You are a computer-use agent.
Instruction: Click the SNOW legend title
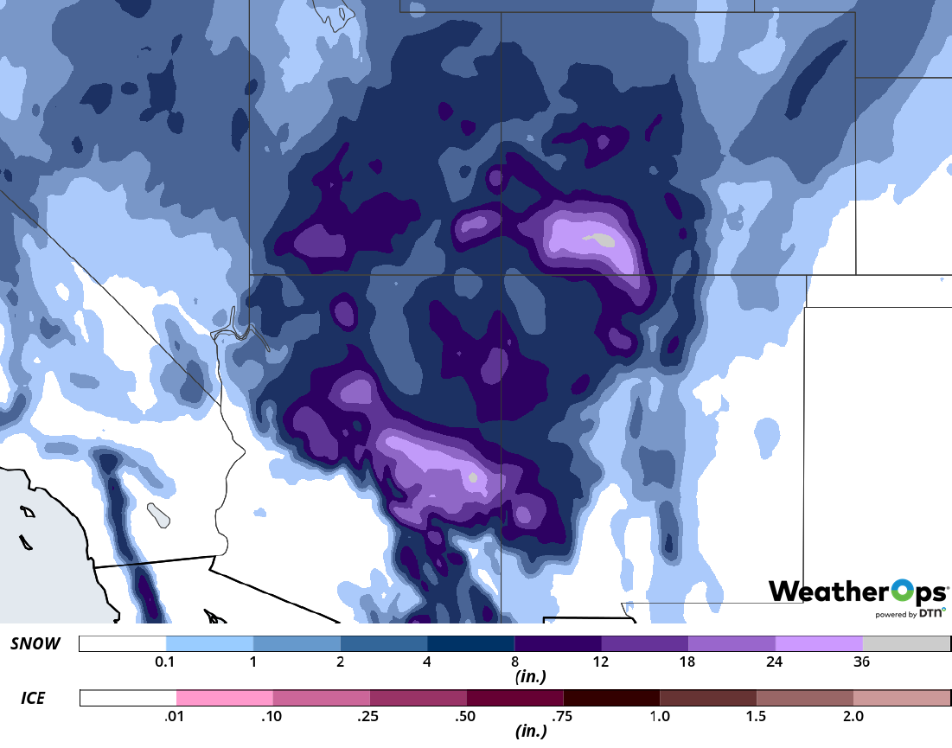pos(35,643)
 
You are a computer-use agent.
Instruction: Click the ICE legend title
pos(33,696)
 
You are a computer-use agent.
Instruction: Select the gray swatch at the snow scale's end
pos(906,643)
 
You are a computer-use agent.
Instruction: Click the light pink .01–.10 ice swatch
pos(225,697)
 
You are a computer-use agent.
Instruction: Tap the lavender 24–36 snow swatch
pos(819,643)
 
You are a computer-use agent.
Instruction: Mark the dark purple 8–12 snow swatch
pos(558,643)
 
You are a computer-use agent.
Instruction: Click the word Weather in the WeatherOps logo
pos(822,591)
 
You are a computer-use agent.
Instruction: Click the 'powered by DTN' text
pos(907,614)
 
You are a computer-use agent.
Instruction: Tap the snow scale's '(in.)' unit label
pos(528,677)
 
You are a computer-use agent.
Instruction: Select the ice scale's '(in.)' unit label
pos(528,732)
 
